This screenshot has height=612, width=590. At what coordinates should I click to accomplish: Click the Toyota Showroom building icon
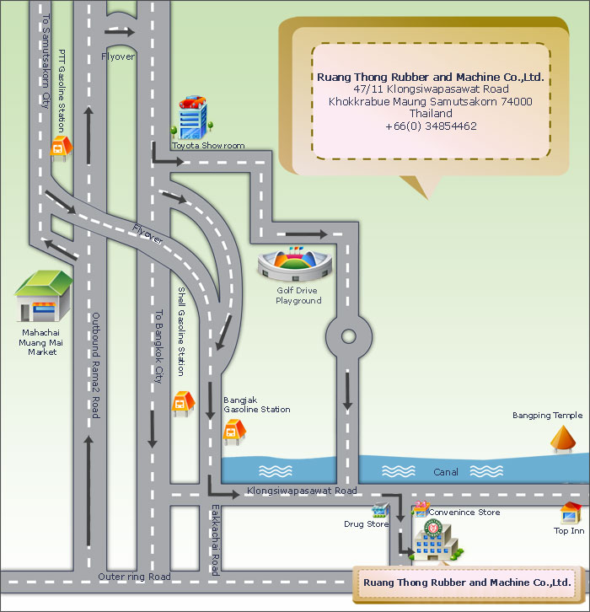pyautogui.click(x=192, y=117)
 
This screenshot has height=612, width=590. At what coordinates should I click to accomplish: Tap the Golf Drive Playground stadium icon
pyautogui.click(x=295, y=264)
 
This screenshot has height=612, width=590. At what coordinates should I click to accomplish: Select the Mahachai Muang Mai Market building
pyautogui.click(x=43, y=296)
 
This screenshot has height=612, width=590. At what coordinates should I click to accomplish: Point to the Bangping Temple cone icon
pyautogui.click(x=563, y=439)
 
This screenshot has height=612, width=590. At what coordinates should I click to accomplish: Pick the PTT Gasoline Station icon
pyautogui.click(x=62, y=148)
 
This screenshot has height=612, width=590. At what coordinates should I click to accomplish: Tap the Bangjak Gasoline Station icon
pyautogui.click(x=234, y=432)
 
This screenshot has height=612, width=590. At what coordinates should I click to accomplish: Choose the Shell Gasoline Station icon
pyautogui.click(x=183, y=404)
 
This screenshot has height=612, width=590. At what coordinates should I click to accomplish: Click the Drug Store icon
pyautogui.click(x=380, y=510)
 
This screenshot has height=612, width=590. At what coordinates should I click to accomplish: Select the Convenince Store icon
pyautogui.click(x=421, y=509)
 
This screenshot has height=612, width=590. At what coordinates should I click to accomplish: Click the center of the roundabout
pyautogui.click(x=348, y=336)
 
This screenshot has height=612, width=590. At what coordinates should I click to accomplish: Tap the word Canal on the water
pyautogui.click(x=446, y=472)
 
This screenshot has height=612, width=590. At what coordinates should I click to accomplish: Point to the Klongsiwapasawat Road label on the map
pyautogui.click(x=302, y=491)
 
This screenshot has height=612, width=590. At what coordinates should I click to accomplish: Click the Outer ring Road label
pyautogui.click(x=134, y=577)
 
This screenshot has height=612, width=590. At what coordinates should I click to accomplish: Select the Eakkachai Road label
pyautogui.click(x=216, y=540)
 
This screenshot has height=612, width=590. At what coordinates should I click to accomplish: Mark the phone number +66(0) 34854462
pyautogui.click(x=431, y=126)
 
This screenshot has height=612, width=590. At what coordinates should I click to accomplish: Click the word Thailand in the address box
pyautogui.click(x=431, y=114)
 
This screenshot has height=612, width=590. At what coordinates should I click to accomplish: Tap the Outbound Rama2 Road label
pyautogui.click(x=95, y=365)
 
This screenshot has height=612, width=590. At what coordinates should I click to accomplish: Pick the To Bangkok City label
pyautogui.click(x=158, y=346)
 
